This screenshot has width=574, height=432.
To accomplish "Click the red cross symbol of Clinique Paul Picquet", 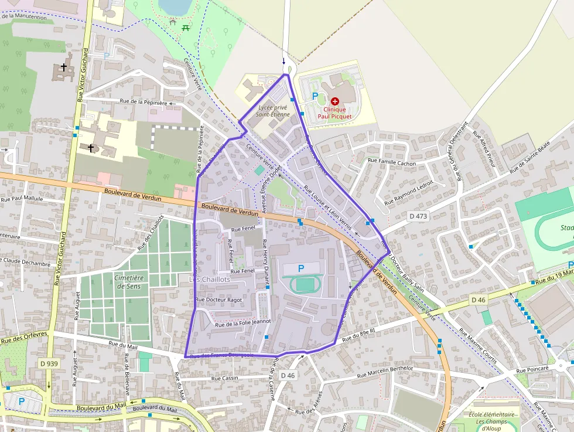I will point(335,101).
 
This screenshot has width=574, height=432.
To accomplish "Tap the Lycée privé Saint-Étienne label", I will point(273,111).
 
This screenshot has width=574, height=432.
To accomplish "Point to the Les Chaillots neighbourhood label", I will point(210,280).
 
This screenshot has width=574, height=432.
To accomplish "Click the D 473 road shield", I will point(419,216).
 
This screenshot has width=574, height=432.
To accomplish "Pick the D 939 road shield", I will point(50,363).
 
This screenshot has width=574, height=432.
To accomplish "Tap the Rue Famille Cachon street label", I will point(391,162).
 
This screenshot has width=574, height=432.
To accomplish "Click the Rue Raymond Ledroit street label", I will point(409,192).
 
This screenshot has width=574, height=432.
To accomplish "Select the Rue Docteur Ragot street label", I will point(218,300).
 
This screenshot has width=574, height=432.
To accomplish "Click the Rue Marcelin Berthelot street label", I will point(385,372).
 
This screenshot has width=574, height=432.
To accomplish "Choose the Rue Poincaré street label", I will point(532,370).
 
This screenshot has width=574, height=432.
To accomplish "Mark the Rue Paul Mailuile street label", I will point(21,198).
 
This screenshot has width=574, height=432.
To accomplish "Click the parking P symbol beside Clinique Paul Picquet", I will point(315,96).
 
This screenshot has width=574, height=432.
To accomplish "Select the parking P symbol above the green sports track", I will point(301,268).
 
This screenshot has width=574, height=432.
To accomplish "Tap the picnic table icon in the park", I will point(186,26).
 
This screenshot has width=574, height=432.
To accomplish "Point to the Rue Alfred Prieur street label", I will point(487,154).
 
